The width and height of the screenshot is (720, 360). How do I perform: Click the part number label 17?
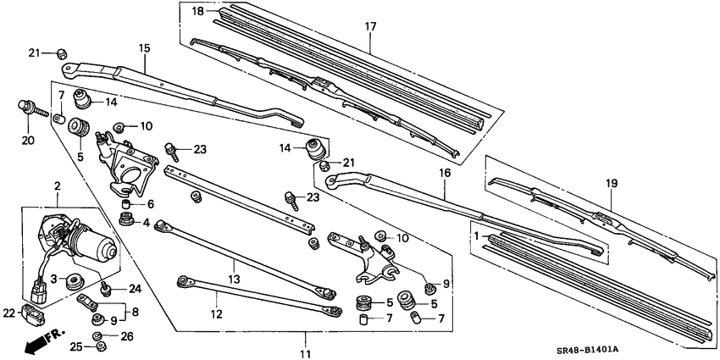pyautogui.click(x=370, y=26)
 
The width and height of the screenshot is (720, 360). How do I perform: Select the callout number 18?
pyautogui.click(x=197, y=11)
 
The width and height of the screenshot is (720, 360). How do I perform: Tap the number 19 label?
pyautogui.click(x=612, y=183)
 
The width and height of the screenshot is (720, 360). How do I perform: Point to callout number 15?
pyautogui.click(x=143, y=48)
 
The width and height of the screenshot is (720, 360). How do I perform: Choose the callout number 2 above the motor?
pyautogui.click(x=58, y=186)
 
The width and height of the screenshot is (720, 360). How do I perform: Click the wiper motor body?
pyautogui.click(x=85, y=241)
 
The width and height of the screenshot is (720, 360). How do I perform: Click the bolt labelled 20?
pyautogui.click(x=30, y=110)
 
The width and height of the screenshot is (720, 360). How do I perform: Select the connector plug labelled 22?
pyautogui.click(x=36, y=315)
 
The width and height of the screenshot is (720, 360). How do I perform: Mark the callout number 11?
pyautogui.click(x=306, y=352)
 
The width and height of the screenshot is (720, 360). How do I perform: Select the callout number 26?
pyautogui.click(x=127, y=335)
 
